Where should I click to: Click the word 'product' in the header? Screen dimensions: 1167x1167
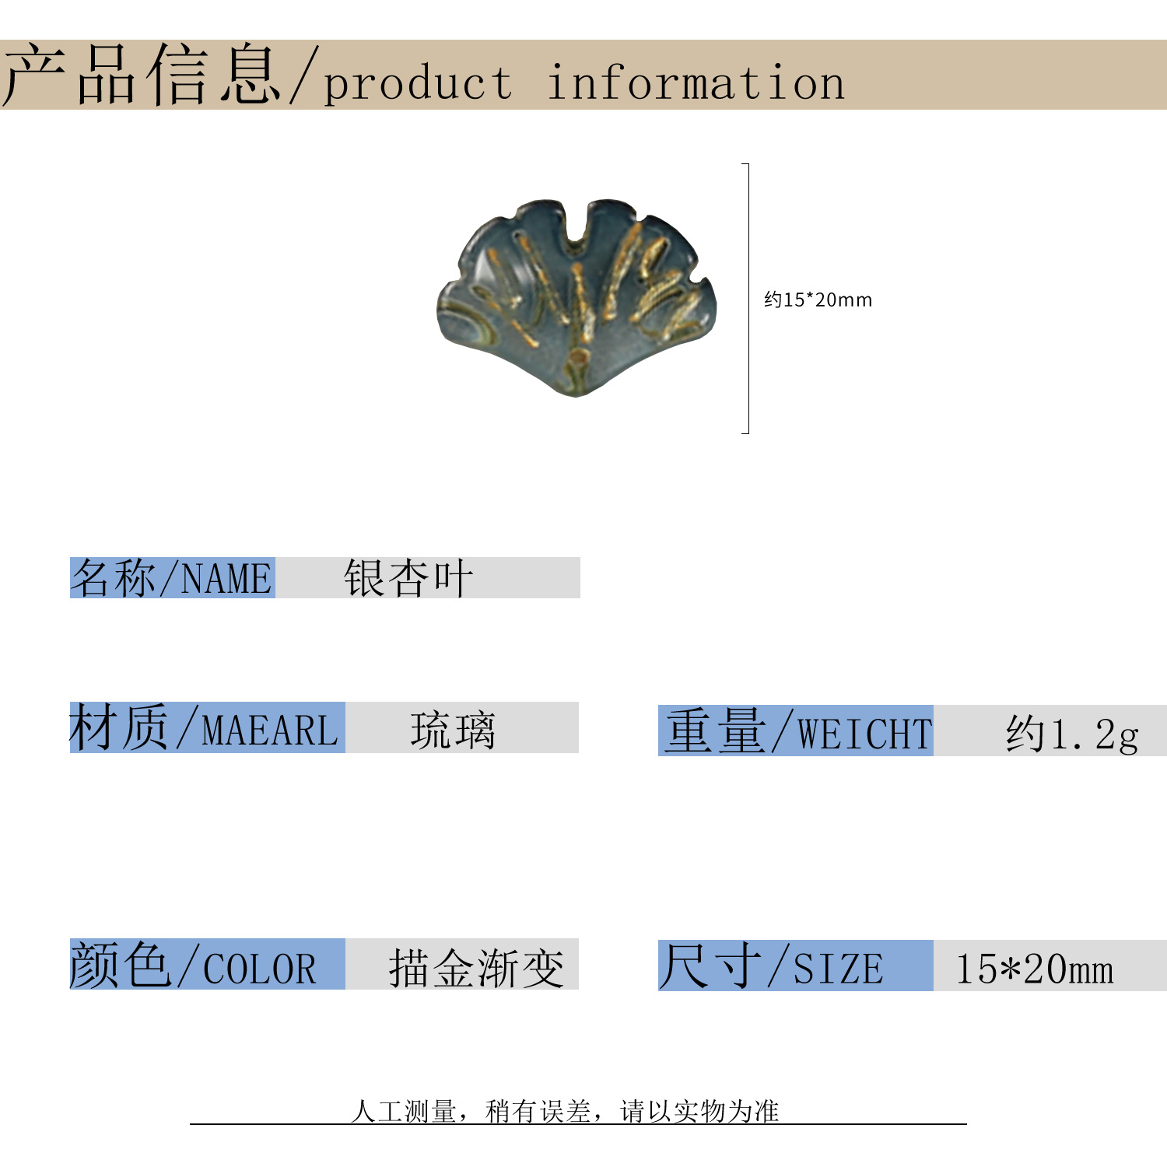418,84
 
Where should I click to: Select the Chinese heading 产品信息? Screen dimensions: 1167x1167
142,75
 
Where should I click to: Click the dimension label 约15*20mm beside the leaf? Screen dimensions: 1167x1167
818,300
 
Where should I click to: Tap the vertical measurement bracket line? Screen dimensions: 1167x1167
748,299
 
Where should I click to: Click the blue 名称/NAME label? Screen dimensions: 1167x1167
172,578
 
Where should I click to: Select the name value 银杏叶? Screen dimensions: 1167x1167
408,578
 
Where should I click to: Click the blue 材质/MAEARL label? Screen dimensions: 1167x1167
206,728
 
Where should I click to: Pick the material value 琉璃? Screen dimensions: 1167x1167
453,730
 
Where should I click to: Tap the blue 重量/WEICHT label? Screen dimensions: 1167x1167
795,731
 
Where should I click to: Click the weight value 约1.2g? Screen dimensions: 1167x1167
1072,734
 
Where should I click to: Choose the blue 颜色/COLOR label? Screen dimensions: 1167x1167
206,965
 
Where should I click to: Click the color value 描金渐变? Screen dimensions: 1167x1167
476,968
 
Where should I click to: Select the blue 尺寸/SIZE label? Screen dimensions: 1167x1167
795,966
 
